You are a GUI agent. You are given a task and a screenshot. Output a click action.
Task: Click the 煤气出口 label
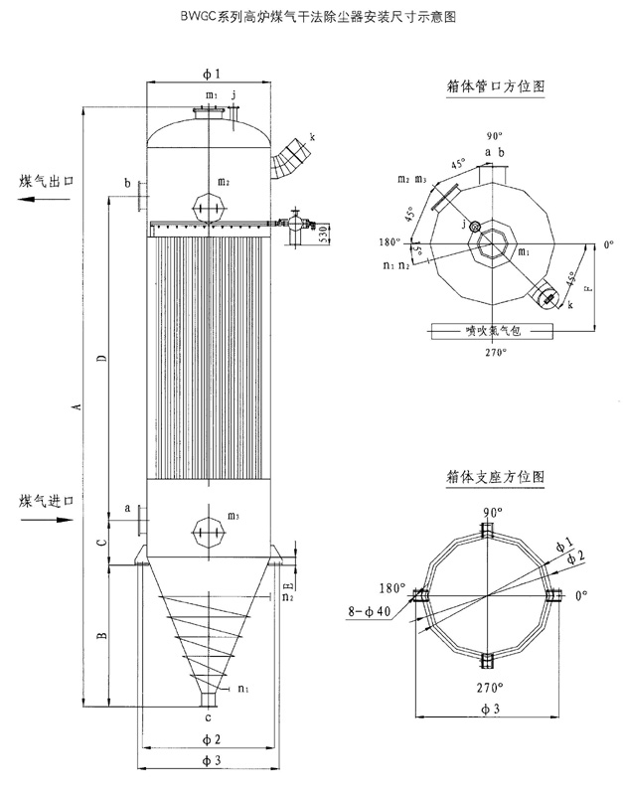[x=48, y=181]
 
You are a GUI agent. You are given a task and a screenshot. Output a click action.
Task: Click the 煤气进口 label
[x=47, y=499]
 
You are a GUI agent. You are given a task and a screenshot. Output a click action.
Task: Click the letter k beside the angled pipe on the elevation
[x=312, y=136]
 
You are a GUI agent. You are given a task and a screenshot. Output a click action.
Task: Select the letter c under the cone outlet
[x=208, y=716]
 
